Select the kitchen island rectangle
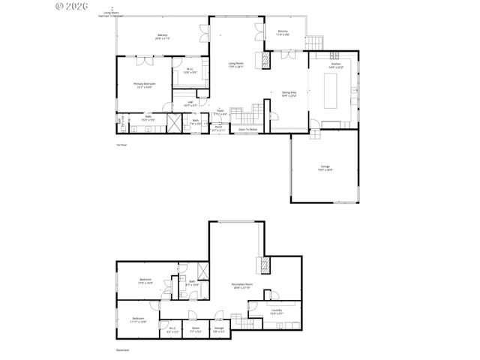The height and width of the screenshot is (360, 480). click(331, 90)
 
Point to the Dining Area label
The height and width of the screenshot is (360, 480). click(289, 94)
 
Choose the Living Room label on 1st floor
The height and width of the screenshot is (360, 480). click(236, 64)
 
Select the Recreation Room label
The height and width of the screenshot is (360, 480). click(241, 286)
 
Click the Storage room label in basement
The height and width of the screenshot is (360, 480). click(218, 328)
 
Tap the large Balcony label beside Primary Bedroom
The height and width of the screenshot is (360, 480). click(162, 36)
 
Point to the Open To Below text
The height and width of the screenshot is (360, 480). click(248, 130)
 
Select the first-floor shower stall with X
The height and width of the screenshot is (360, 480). click(174, 123)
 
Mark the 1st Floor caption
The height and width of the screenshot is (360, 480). click(121, 144)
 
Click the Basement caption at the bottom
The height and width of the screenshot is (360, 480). click(122, 350)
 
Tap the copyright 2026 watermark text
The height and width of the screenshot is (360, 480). click(72, 6)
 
